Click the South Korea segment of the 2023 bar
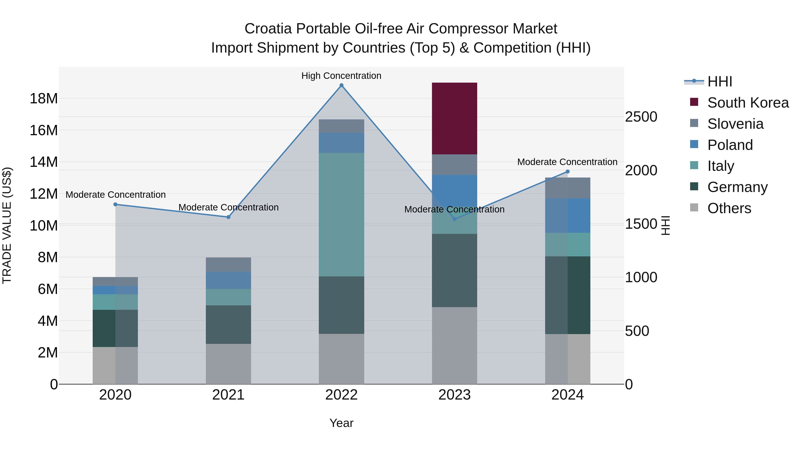pyautogui.click(x=454, y=118)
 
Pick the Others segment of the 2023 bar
pyautogui.click(x=454, y=345)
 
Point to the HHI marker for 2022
pyautogui.click(x=341, y=85)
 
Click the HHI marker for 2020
pyautogui.click(x=115, y=204)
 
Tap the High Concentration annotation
pyautogui.click(x=341, y=76)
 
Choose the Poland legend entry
pyautogui.click(x=730, y=145)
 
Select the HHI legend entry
pyautogui.click(x=720, y=82)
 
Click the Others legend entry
pyautogui.click(x=729, y=208)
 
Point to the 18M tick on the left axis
pyautogui.click(x=44, y=99)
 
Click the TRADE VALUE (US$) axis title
pyautogui.click(x=7, y=225)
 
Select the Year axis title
pyautogui.click(x=341, y=423)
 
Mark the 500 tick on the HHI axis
pyautogui.click(x=637, y=331)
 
